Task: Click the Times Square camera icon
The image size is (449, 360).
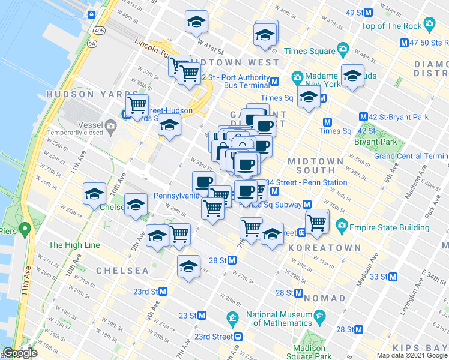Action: click(342, 49)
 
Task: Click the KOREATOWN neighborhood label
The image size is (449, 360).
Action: click(324, 247)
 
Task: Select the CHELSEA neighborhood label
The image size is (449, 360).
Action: click(122, 271)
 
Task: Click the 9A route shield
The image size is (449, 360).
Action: click(91, 43)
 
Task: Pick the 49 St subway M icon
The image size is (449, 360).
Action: click(369, 12)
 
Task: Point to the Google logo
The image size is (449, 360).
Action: click(20, 353)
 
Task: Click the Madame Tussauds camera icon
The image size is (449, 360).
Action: click(297, 78)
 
